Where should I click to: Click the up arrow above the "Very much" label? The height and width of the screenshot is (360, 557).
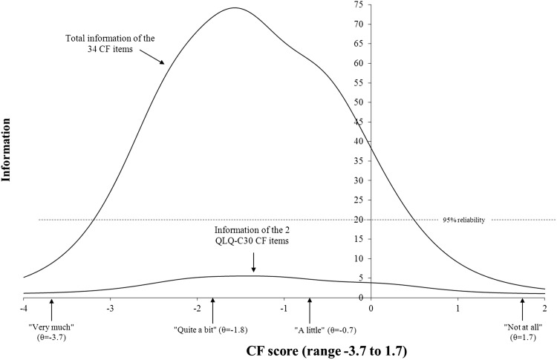(x=51, y=307)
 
